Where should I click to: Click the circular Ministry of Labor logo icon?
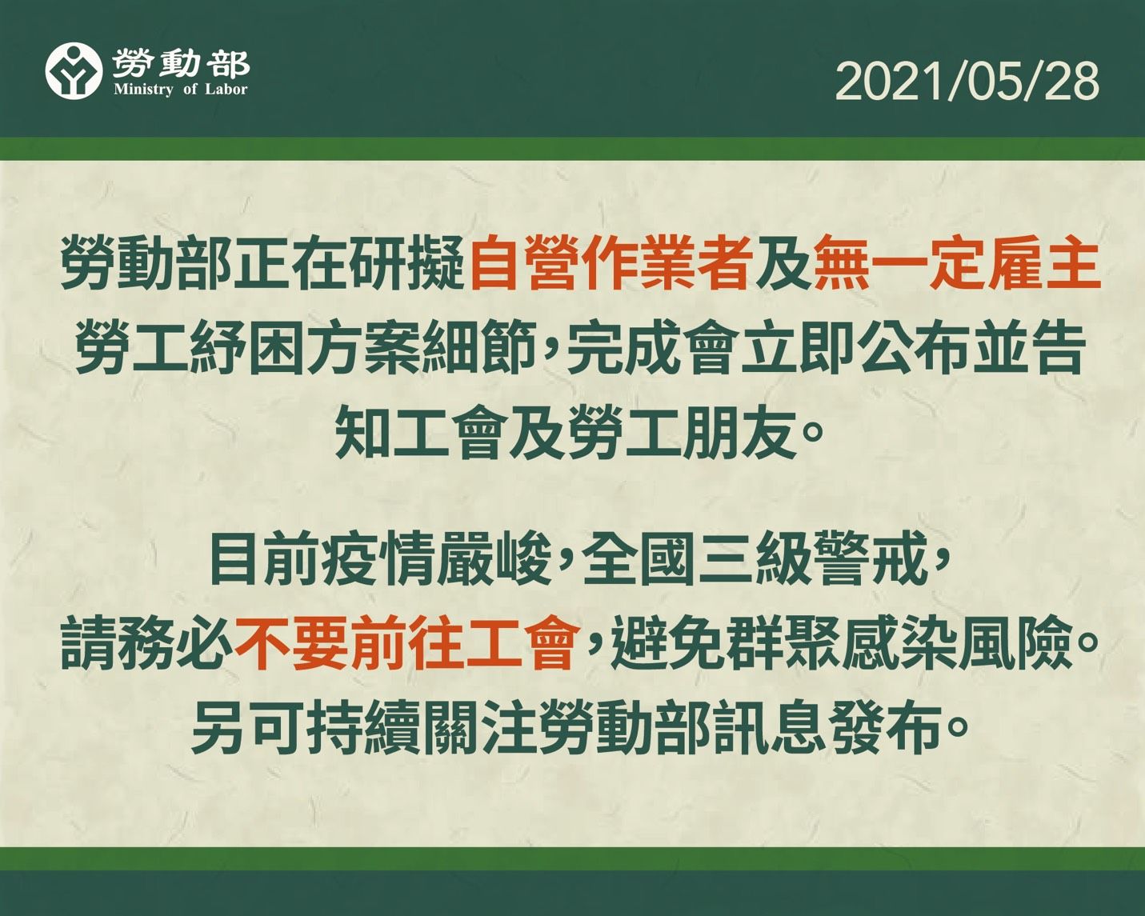click(74, 70)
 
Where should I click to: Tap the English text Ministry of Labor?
click(181, 89)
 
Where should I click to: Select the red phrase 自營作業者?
click(611, 262)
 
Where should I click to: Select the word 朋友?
click(739, 434)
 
